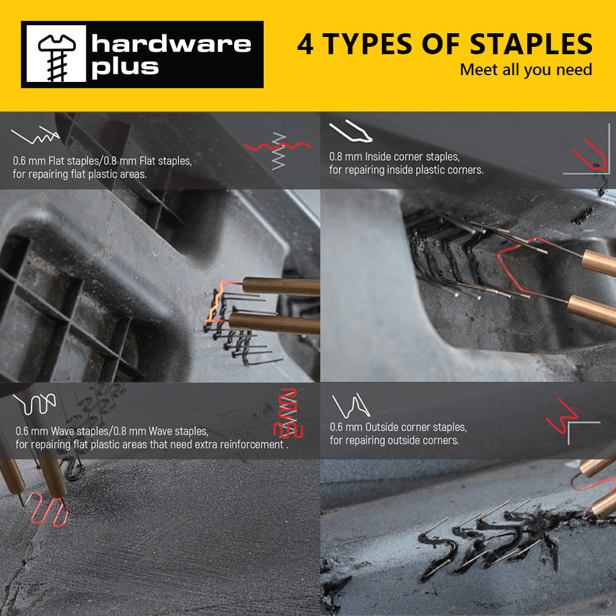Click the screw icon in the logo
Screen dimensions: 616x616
point(57,56)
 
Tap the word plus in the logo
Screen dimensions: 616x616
point(125,68)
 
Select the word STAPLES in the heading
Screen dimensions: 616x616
point(531,44)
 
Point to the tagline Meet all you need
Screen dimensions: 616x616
point(526,70)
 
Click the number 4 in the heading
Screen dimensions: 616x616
point(305,44)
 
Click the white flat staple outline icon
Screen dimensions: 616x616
point(35,135)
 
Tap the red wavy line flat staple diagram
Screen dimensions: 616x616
point(278,146)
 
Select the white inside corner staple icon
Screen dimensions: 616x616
point(351,131)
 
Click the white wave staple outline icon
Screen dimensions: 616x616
point(34,404)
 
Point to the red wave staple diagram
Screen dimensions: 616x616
point(288,413)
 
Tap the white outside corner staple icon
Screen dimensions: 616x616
point(351,406)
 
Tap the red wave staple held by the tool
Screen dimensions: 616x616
point(47,509)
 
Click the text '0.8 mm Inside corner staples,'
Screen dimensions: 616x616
point(394,156)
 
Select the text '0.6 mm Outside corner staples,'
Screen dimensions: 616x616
point(398,427)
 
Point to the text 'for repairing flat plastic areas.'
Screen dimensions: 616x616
point(79,174)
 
